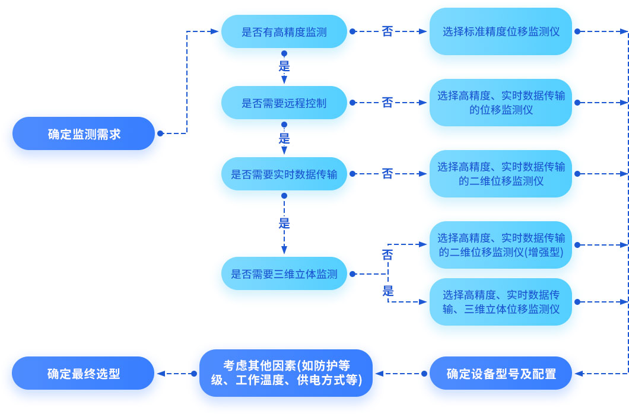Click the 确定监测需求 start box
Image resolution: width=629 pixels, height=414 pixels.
tap(84, 134)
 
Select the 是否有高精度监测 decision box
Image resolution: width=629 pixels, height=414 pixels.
tap(284, 32)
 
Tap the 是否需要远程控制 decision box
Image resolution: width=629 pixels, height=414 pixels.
tap(284, 103)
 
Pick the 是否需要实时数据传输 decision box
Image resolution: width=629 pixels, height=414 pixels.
tap(284, 174)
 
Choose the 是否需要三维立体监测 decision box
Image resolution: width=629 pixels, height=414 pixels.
tap(284, 274)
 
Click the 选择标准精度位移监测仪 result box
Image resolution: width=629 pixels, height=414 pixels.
tap(501, 32)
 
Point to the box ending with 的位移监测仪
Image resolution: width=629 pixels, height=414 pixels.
tap(501, 103)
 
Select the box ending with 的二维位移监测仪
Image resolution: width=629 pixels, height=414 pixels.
tap(501, 174)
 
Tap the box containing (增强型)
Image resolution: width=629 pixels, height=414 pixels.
tap(501, 245)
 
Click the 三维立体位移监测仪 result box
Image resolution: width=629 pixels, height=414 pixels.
tap(501, 302)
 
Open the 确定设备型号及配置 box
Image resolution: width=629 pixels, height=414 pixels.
tap(501, 374)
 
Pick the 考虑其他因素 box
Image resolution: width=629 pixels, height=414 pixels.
tap(286, 373)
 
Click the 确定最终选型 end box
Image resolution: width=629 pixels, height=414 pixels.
tap(84, 374)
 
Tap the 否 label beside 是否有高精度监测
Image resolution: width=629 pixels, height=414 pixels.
tap(387, 31)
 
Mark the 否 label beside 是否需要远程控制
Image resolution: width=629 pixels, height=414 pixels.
tap(387, 103)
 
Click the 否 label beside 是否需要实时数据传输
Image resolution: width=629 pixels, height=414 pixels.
tap(387, 174)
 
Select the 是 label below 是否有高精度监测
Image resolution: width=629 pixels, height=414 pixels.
tap(284, 65)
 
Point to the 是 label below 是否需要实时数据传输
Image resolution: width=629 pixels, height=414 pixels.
tap(284, 224)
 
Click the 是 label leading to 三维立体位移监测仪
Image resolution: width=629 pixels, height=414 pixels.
tap(388, 291)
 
